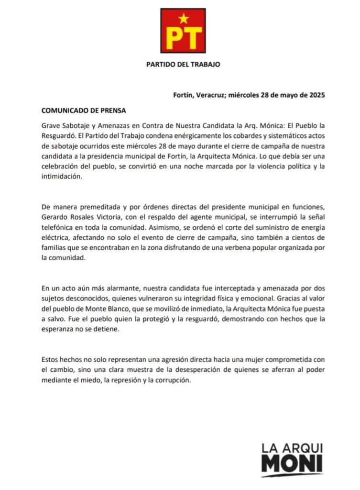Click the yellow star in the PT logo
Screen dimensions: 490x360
click(184, 19)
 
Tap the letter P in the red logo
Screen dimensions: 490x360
click(174, 38)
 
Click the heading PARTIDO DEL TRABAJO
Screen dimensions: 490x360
click(183, 65)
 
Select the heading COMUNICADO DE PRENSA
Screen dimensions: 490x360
click(84, 110)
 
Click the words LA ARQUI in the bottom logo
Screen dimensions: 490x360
click(292, 448)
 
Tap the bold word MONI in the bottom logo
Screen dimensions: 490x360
click(292, 465)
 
